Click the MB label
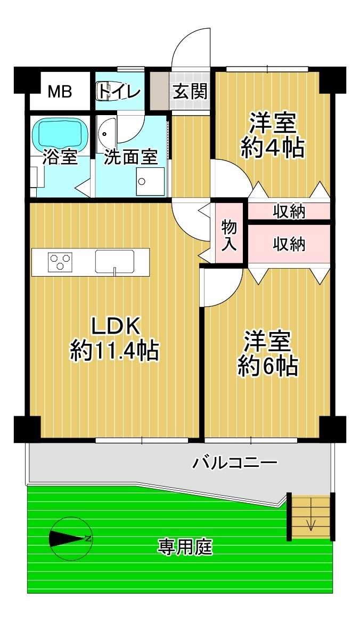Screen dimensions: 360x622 pos(60,92)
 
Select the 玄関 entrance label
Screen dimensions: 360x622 pos(190,92)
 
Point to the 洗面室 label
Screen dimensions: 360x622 pos(131,157)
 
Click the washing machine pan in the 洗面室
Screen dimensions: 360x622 pos(150,181)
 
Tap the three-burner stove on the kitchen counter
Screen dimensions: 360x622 pos(60,262)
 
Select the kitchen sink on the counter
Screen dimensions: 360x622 pos(115,262)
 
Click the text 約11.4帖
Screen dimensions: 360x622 pos(114,351)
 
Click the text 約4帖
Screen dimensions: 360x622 pos(273,148)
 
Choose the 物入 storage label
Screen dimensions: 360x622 pos(229,236)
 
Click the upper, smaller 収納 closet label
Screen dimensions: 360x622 pos(289,212)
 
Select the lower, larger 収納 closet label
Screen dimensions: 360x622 pos(289,244)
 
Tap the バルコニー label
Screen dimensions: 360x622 pos(235,463)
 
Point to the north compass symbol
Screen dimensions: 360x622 pos(71,538)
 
